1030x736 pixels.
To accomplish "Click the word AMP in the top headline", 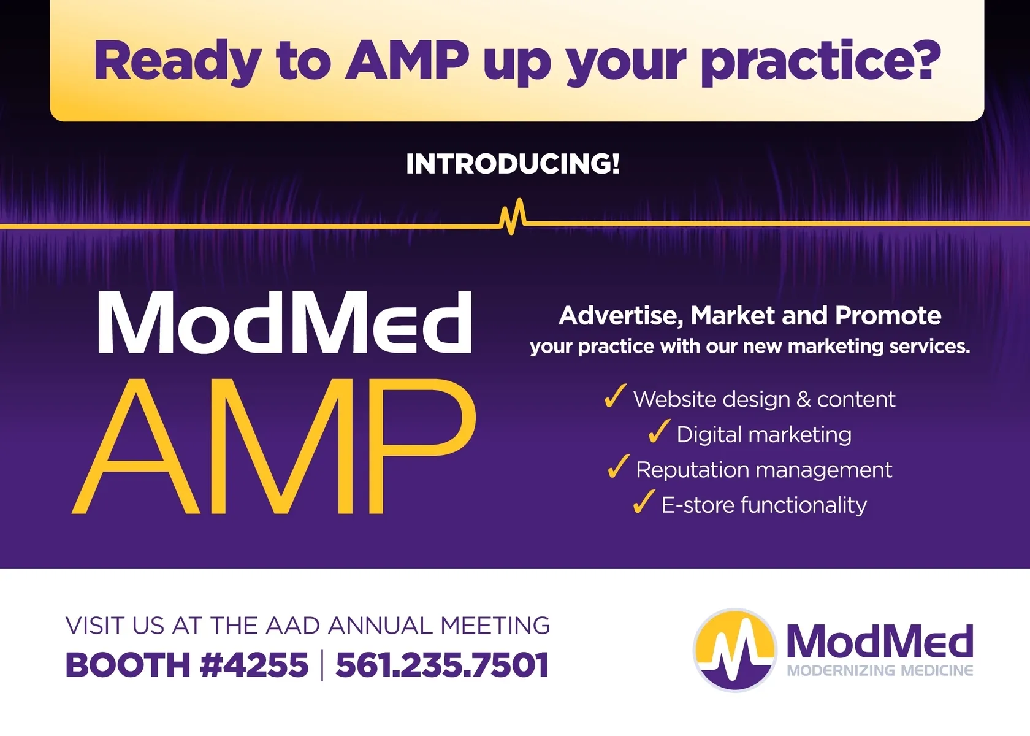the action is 407,60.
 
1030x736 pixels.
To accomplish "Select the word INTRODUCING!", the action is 513,164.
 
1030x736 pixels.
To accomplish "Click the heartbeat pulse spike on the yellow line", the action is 513,217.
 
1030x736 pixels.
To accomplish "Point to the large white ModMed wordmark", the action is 285,323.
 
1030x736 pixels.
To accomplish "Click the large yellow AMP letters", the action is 274,447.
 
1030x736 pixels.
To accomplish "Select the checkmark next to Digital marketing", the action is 659,431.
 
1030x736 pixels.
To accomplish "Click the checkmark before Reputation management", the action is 618,466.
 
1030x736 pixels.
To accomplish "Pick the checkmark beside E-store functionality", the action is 643,502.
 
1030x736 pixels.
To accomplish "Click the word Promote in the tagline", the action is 888,315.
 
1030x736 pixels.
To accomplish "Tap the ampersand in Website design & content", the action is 803,399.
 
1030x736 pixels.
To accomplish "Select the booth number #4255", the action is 254,665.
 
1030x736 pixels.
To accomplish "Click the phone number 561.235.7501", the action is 443,665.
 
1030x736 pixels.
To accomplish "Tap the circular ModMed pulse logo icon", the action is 734,650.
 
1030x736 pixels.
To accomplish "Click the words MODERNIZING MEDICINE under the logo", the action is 880,670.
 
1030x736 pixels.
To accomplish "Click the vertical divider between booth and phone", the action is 322,665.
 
